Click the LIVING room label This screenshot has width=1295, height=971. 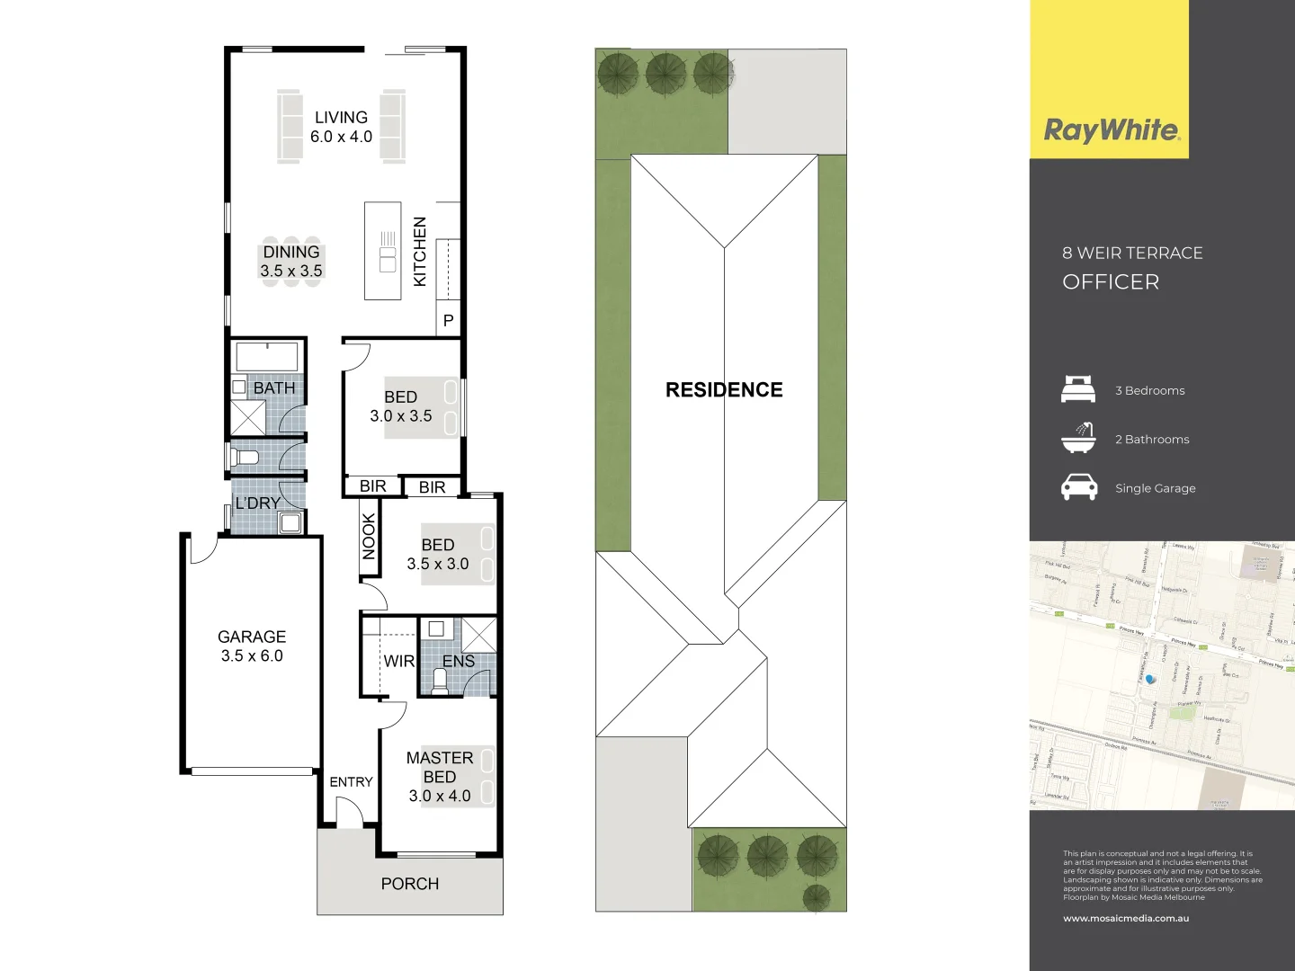pyautogui.click(x=341, y=118)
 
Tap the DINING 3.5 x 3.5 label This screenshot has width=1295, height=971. pyautogui.click(x=291, y=262)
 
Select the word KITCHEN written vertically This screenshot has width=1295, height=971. pyautogui.click(x=420, y=252)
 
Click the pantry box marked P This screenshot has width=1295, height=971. pyautogui.click(x=448, y=321)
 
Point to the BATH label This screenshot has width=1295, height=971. pyautogui.click(x=274, y=388)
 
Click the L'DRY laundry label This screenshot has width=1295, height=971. pyautogui.click(x=258, y=503)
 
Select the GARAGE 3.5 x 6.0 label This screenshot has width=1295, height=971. pyautogui.click(x=252, y=646)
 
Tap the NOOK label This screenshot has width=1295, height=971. pyautogui.click(x=369, y=537)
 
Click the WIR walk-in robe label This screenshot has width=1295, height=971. pyautogui.click(x=398, y=662)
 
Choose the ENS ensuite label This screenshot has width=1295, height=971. pyautogui.click(x=459, y=662)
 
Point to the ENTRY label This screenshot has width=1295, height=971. pyautogui.click(x=351, y=782)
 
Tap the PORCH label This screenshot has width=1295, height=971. pyautogui.click(x=410, y=884)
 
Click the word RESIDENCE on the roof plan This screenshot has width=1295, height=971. pyautogui.click(x=724, y=390)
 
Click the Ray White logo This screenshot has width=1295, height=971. pyautogui.click(x=1111, y=131)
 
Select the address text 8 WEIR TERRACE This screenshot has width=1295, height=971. pyautogui.click(x=1132, y=254)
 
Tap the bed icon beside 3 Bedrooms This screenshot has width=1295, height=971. pyautogui.click(x=1078, y=390)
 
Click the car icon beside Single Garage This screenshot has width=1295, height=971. pyautogui.click(x=1079, y=487)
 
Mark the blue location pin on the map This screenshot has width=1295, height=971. pyautogui.click(x=1149, y=680)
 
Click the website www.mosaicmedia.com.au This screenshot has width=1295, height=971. pyautogui.click(x=1126, y=919)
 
